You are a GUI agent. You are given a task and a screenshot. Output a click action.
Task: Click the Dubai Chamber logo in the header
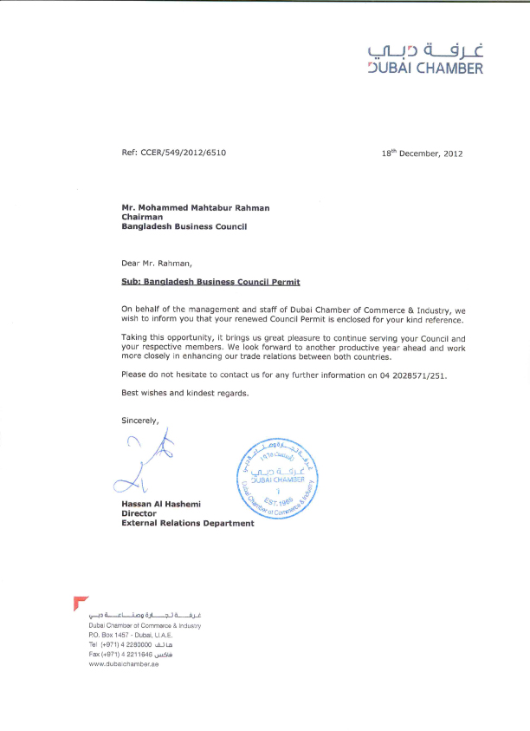pyautogui.click(x=425, y=57)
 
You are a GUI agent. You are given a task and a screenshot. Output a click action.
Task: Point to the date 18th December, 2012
pyautogui.click(x=423, y=153)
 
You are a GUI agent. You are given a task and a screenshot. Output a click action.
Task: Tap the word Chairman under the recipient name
pyautogui.click(x=142, y=217)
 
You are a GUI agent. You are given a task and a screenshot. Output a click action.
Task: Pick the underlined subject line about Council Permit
pyautogui.click(x=210, y=282)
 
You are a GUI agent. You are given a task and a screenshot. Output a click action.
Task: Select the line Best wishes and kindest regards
pyautogui.click(x=185, y=394)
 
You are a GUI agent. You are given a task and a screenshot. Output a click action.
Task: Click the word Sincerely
pyautogui.click(x=140, y=420)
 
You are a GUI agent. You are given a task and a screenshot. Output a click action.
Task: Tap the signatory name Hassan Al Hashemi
pyautogui.click(x=163, y=504)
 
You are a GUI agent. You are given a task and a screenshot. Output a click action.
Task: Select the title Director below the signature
pyautogui.click(x=139, y=513)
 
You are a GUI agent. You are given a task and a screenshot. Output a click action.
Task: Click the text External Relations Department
pyautogui.click(x=188, y=523)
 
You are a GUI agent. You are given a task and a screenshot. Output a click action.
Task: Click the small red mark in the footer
pyautogui.click(x=81, y=602)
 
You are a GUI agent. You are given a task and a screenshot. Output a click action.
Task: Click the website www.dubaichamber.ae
pyautogui.click(x=123, y=664)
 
